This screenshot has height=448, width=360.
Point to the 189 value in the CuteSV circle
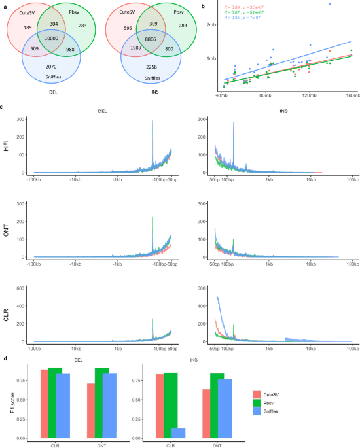[x=27, y=28]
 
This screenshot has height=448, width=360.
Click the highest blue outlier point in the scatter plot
[x=329, y=4]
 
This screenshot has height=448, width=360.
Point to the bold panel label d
[x=5, y=357]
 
